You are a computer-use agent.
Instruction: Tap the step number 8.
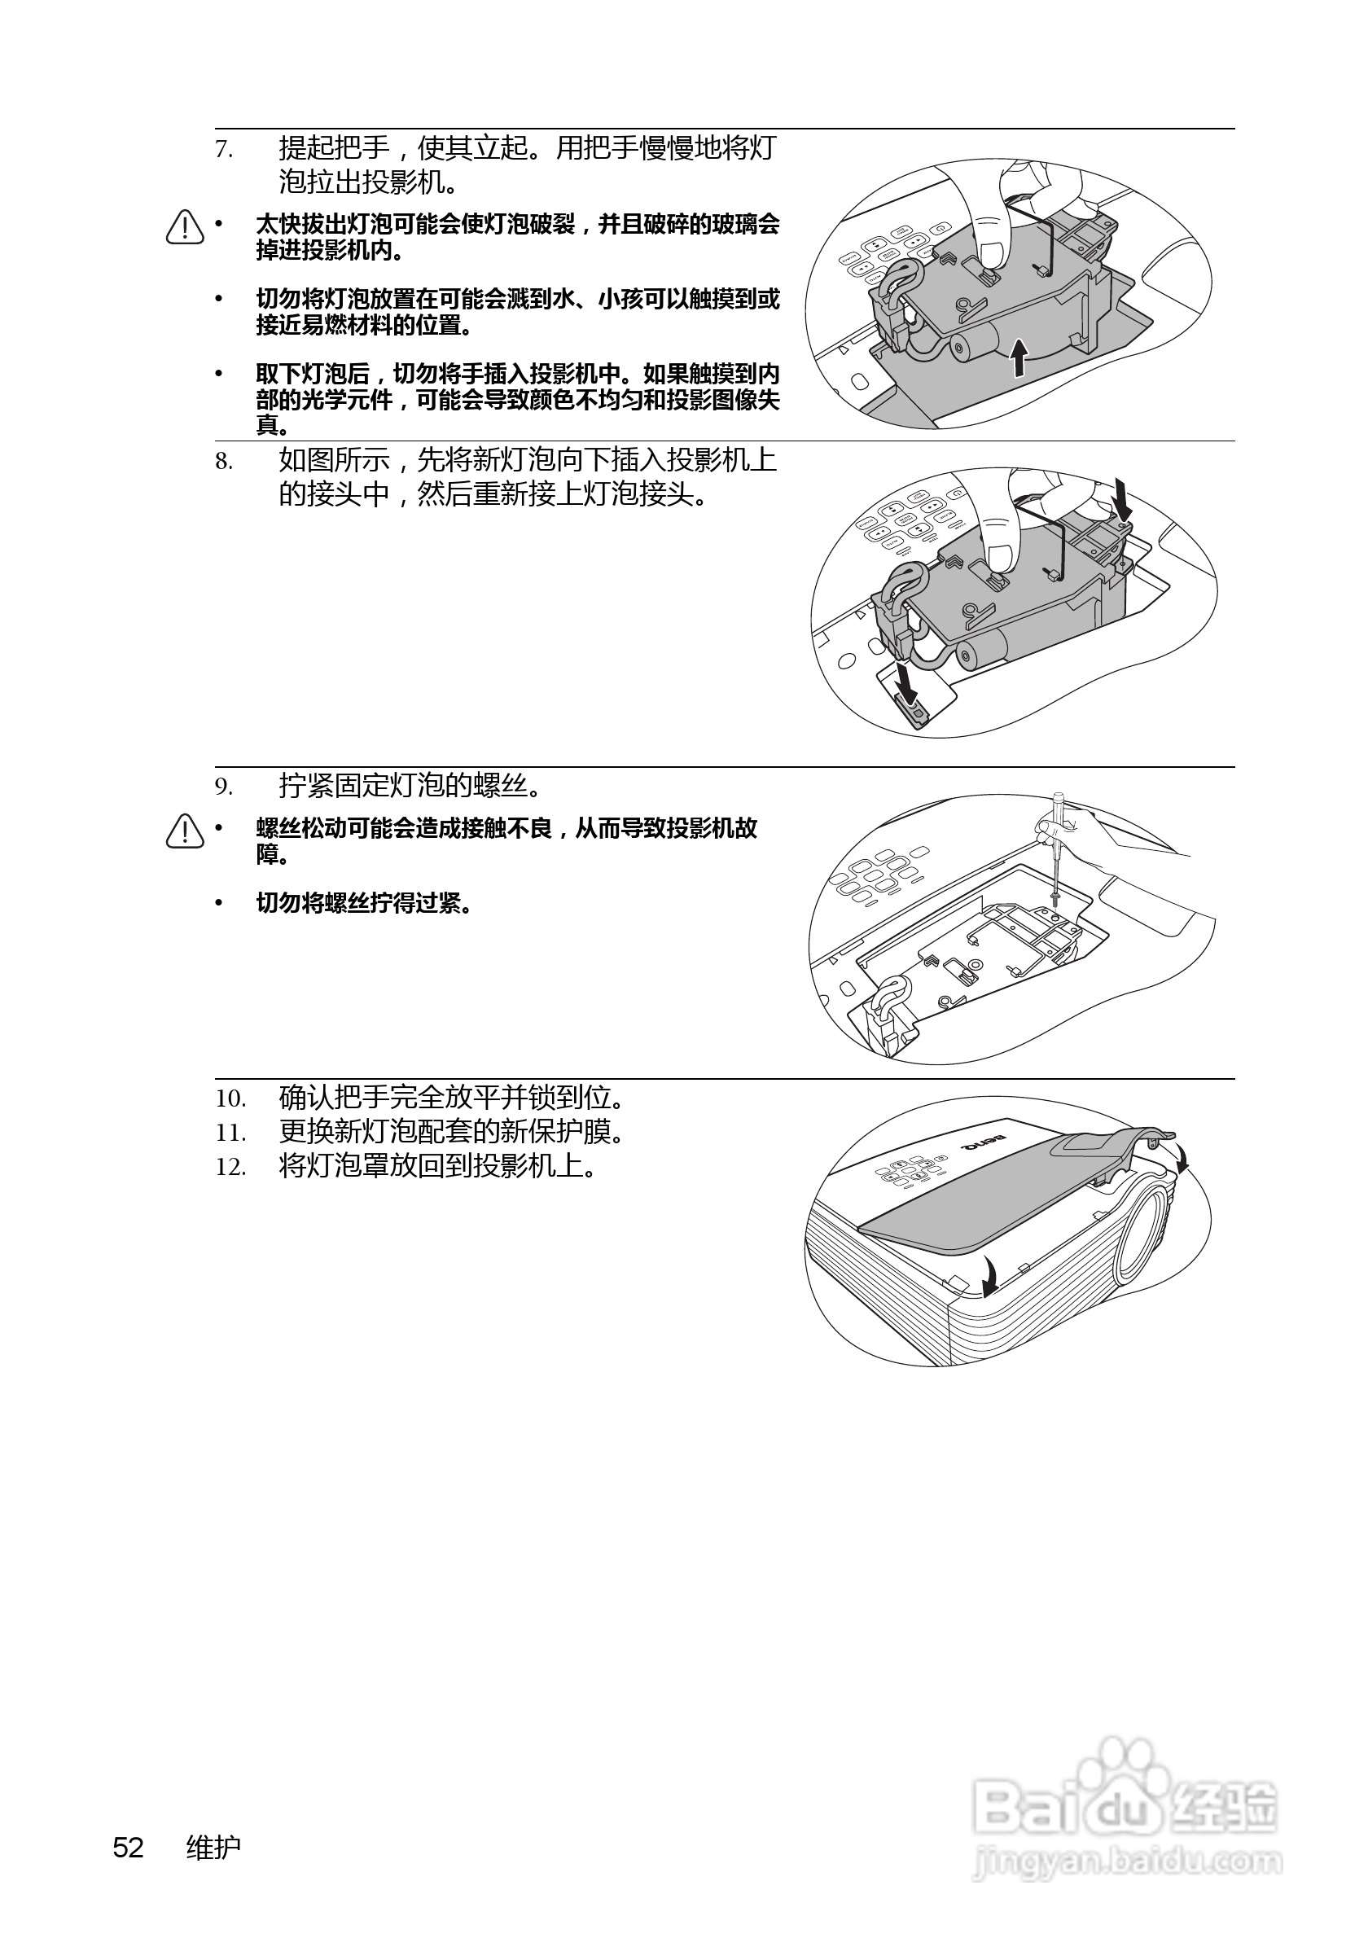pyautogui.click(x=224, y=462)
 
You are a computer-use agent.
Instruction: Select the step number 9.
pyautogui.click(x=224, y=787)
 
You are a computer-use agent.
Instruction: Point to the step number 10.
pyautogui.click(x=230, y=1099)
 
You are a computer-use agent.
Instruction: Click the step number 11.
pyautogui.click(x=230, y=1133)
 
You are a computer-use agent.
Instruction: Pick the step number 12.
pyautogui.click(x=230, y=1168)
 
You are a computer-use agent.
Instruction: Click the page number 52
pyautogui.click(x=129, y=1848)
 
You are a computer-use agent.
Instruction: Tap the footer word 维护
pyautogui.click(x=213, y=1848)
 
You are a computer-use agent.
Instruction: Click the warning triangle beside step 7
pyautogui.click(x=185, y=227)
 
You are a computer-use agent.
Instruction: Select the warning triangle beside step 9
pyautogui.click(x=185, y=831)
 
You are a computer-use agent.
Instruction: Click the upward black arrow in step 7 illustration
pyautogui.click(x=1020, y=358)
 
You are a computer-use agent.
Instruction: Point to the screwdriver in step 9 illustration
pyautogui.click(x=1056, y=849)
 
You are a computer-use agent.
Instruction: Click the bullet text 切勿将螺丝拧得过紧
pyautogui.click(x=364, y=904)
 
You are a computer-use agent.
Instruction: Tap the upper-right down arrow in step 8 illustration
pyautogui.click(x=1123, y=498)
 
